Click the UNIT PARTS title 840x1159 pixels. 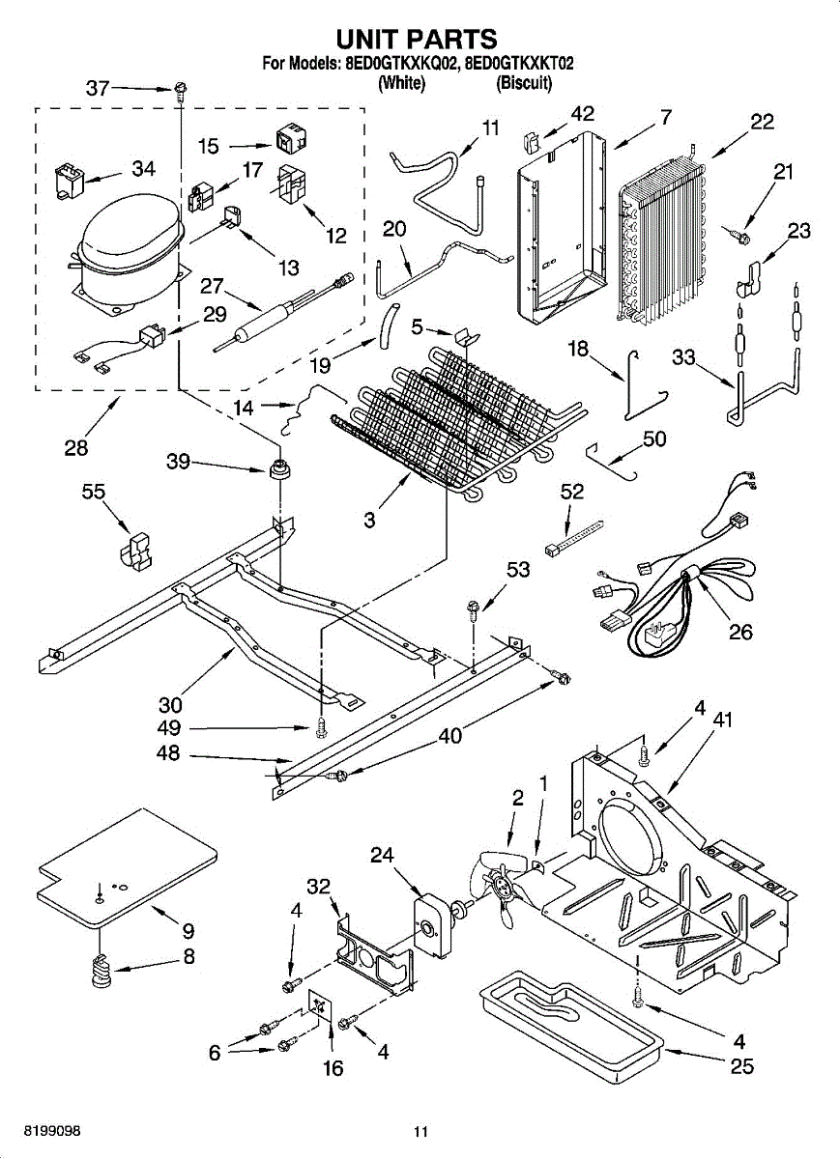tap(417, 39)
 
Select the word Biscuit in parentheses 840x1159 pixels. tap(524, 83)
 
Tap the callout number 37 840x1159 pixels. tap(98, 89)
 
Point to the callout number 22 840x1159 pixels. tap(763, 122)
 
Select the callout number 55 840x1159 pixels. tap(93, 492)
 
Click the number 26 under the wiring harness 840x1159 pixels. tap(740, 632)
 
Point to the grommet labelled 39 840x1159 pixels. tap(280, 468)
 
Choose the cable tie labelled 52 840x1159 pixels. tap(574, 538)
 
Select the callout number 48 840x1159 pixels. tap(168, 753)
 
